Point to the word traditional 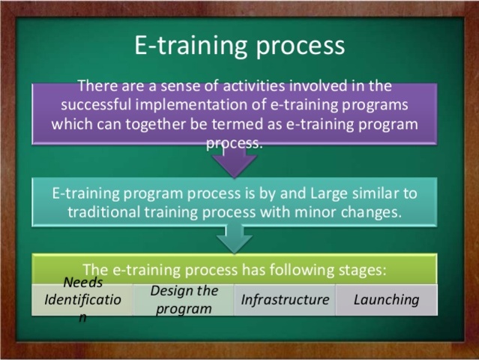pos(105,211)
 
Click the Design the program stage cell pos(184,300)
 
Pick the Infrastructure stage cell pos(285,300)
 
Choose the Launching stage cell pos(386,300)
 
